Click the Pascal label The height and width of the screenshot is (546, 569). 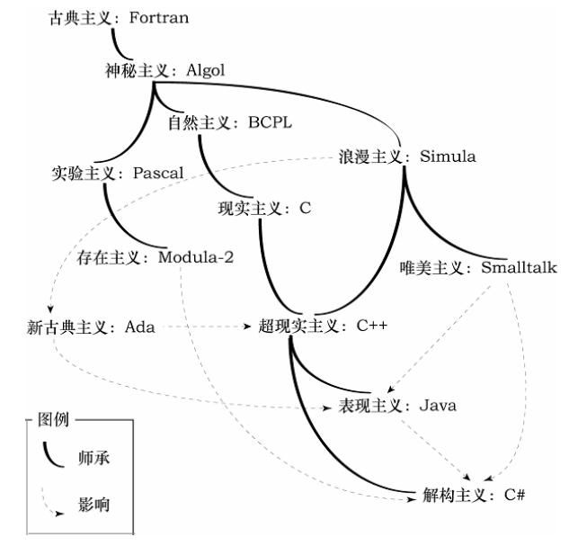(x=157, y=172)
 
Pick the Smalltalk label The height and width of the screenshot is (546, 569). (x=519, y=267)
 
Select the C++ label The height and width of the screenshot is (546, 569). (x=371, y=327)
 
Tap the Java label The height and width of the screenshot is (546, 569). (x=437, y=406)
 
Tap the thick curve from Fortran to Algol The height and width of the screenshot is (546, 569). (x=117, y=44)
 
